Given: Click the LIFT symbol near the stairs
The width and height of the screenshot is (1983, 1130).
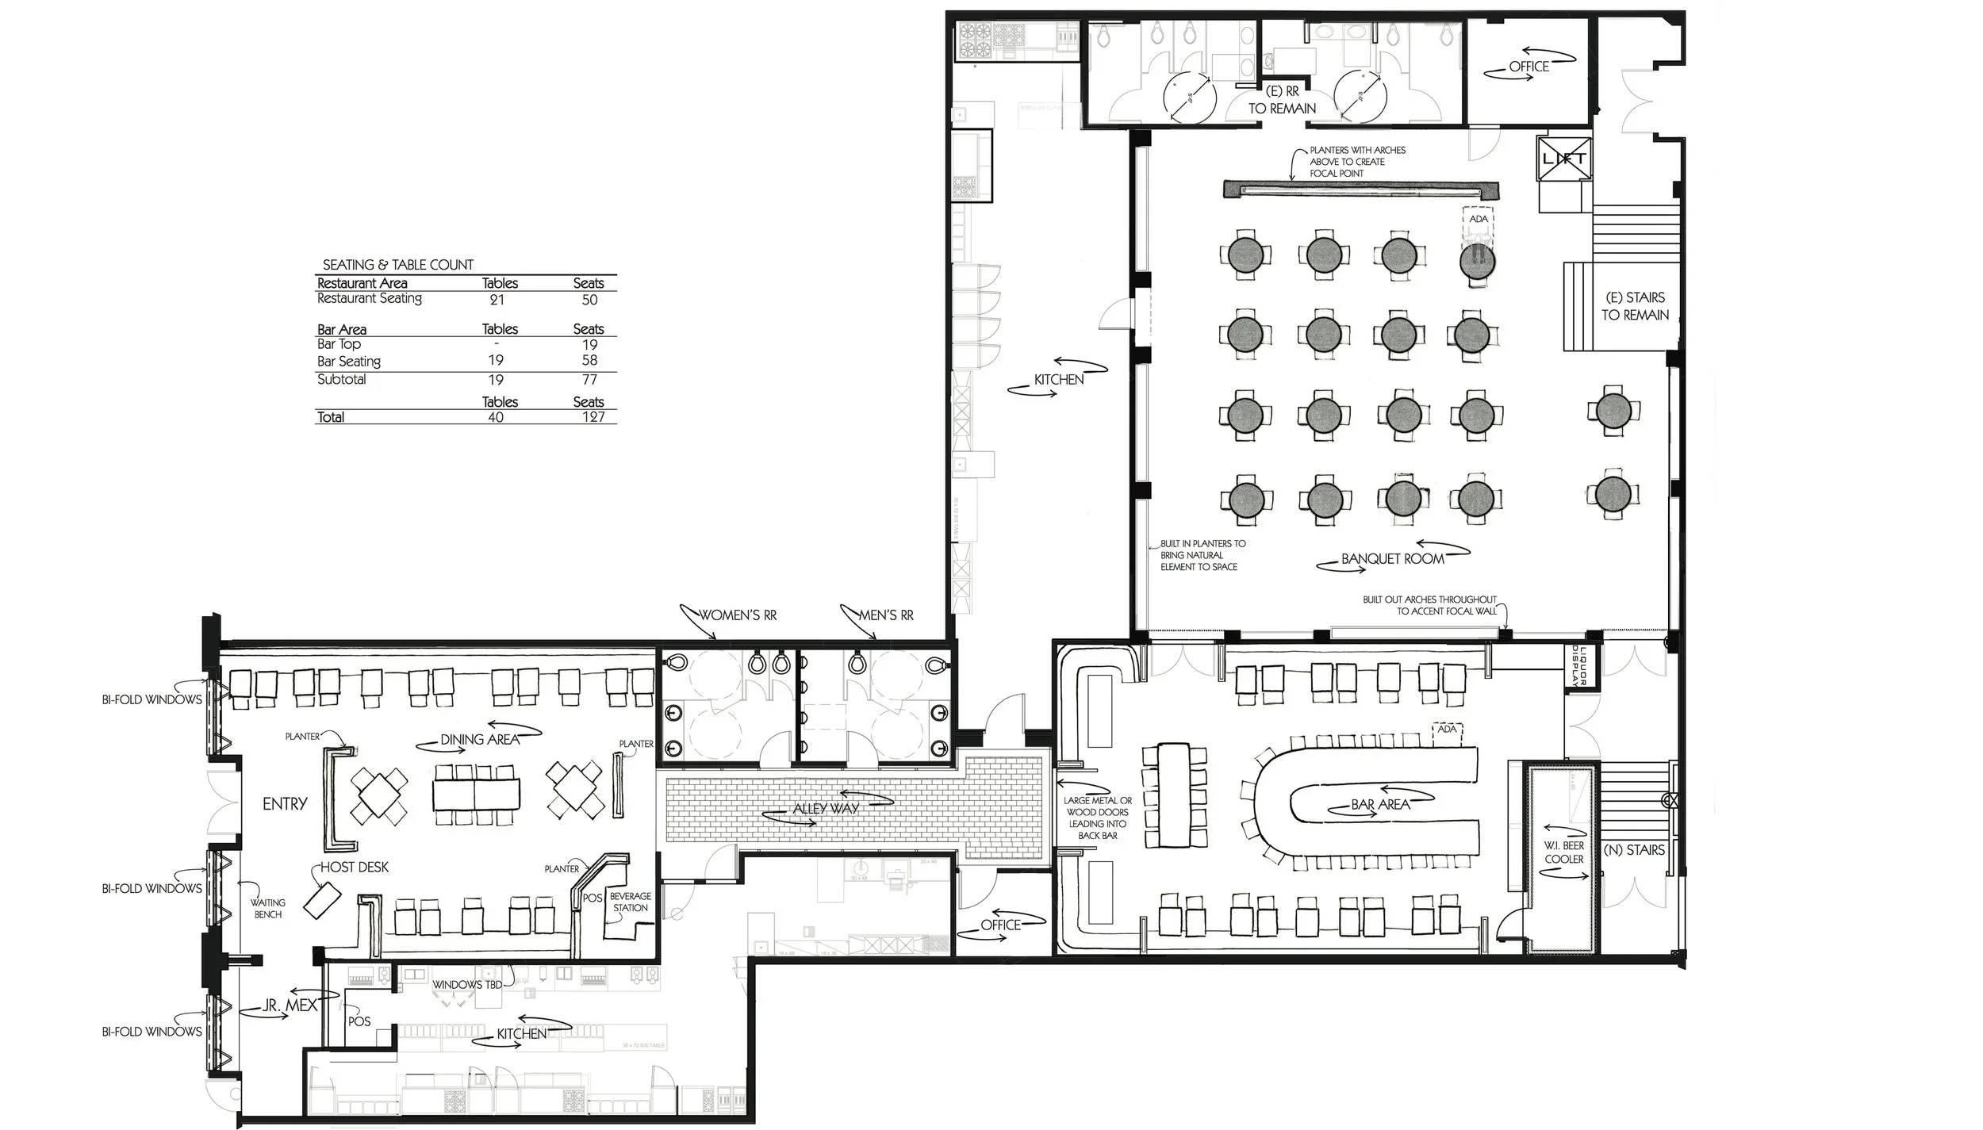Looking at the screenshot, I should coord(1563,159).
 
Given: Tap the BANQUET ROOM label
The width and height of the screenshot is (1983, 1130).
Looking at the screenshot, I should coord(1392,558).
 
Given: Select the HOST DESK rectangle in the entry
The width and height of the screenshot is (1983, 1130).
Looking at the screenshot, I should coord(322,901).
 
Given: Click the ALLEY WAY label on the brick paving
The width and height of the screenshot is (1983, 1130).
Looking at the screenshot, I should coord(826,809).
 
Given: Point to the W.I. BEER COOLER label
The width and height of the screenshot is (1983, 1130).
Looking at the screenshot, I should coord(1563,852).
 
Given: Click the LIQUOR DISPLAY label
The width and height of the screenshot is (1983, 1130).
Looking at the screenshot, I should coord(1578,667).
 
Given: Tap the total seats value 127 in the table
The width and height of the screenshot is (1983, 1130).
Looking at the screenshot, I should coord(593,417).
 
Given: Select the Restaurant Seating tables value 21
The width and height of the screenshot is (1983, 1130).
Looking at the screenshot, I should coord(497,300).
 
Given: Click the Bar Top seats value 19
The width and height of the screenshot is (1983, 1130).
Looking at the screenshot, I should coord(589,345).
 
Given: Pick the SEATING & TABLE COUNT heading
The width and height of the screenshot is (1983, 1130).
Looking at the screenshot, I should coord(397,265).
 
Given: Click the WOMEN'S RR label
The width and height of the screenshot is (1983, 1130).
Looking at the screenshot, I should coord(737,615).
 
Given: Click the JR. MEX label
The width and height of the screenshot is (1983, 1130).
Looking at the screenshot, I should coord(290,1006).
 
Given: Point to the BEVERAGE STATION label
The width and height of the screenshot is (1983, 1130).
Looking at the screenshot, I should coord(631,902).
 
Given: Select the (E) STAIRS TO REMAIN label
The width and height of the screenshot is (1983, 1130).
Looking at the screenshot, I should coord(1635,306).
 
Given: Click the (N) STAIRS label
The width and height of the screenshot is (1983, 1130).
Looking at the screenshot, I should coord(1634,850).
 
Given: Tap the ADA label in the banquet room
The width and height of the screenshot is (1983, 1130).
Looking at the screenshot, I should coord(1479,219).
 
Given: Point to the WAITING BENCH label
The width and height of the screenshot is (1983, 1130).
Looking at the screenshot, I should coord(268,908).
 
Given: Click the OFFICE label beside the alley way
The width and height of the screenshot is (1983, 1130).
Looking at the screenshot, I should coord(1000,925).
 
